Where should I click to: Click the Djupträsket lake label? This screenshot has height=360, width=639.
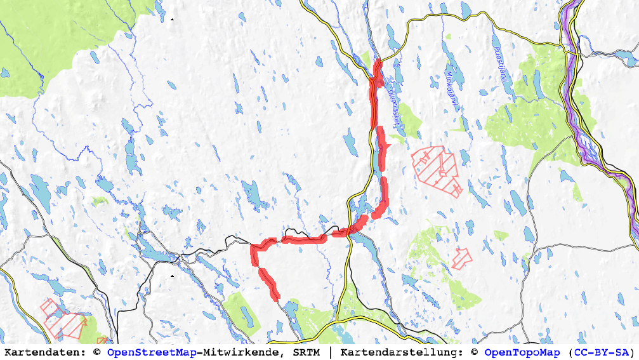tap(394, 106)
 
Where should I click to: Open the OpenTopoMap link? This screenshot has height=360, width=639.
tap(522, 352)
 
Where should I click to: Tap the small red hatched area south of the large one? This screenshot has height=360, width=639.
tap(463, 256)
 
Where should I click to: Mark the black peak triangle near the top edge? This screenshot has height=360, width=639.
tap(171, 20)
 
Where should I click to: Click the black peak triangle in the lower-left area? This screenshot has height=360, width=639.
tap(172, 276)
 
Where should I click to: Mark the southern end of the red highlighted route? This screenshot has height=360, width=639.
tap(277, 297)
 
